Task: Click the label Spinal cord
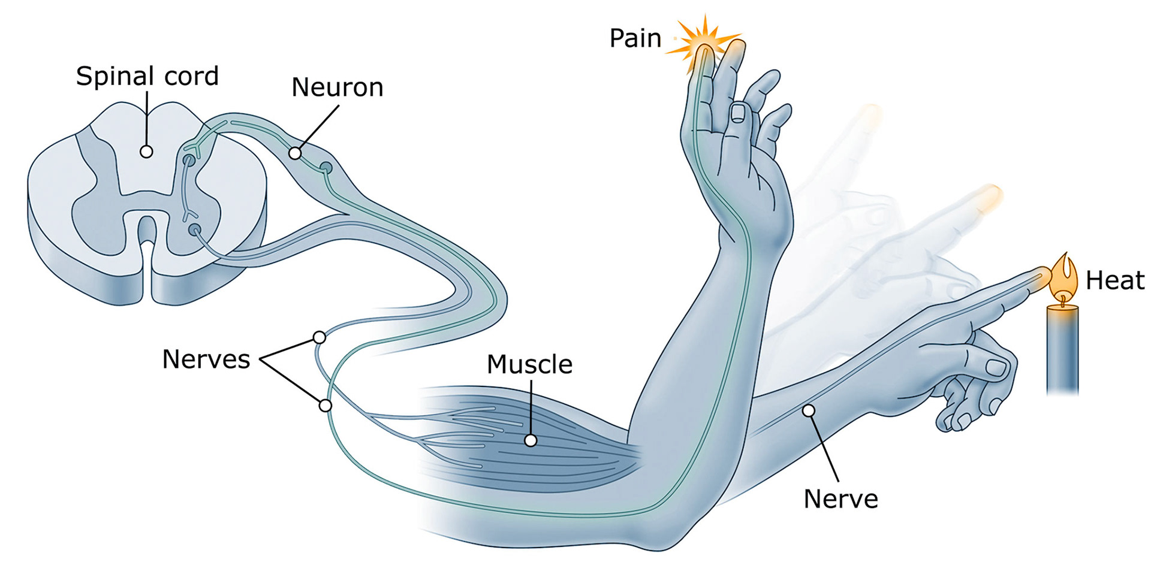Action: coord(147,77)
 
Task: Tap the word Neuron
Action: coord(337,87)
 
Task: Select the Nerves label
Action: coord(206,359)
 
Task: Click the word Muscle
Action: coord(529,364)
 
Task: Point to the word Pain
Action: coord(635,38)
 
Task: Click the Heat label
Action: coord(1115,280)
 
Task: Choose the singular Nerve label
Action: coord(840,498)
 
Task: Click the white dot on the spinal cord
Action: coord(146,152)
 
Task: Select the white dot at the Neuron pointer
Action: coord(295,153)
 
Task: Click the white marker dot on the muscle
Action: coord(530,440)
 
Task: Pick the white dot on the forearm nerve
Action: coord(809,410)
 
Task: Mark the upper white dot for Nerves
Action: coord(320,337)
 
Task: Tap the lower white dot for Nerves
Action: coord(326,406)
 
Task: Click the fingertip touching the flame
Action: coord(1041,276)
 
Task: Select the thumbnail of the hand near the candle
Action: coord(996,367)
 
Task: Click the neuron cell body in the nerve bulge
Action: coord(326,167)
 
